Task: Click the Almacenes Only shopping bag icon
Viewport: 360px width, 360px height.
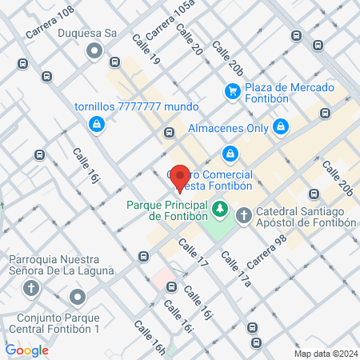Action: click(280, 126)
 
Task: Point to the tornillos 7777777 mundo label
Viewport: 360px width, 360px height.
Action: click(136, 106)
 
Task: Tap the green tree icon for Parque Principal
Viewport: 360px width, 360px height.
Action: click(218, 210)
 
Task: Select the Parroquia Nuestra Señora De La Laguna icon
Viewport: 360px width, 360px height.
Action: click(32, 289)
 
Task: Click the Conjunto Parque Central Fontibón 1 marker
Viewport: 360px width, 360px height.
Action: click(78, 298)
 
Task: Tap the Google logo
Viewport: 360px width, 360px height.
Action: click(26, 350)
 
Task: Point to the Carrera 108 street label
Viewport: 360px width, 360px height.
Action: click(50, 22)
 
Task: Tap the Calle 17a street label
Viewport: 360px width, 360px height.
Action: click(236, 268)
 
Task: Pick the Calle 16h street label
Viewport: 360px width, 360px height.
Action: click(150, 338)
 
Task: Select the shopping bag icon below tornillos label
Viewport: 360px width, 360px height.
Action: click(96, 124)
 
